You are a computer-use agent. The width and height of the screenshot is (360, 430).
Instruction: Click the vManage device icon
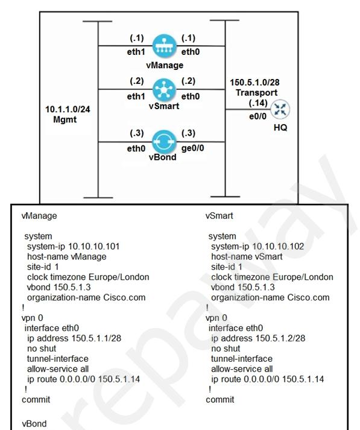pos(164,46)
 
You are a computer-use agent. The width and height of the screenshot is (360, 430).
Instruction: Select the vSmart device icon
pos(164,90)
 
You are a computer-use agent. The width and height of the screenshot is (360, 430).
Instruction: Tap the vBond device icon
pos(164,142)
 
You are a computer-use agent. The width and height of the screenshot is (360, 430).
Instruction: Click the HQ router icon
pos(280,109)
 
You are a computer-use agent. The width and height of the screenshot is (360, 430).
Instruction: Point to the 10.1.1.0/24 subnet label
pos(68,109)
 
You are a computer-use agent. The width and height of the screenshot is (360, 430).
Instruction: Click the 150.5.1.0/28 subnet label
pos(254,82)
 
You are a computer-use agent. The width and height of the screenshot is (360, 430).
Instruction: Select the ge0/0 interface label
pos(192,148)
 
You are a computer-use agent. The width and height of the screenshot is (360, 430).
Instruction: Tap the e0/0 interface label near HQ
pos(257,116)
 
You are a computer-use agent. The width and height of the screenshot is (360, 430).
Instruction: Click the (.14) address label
pos(258,103)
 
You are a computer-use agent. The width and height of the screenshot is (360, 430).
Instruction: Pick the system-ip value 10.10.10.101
pos(94,246)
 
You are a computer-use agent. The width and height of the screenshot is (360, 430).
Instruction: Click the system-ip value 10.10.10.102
pos(278,246)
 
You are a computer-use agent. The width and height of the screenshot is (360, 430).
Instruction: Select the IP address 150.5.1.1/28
pos(96,338)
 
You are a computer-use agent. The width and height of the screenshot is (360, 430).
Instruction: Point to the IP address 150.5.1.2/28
pos(280,338)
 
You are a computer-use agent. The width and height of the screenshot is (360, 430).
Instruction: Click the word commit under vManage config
pos(36,400)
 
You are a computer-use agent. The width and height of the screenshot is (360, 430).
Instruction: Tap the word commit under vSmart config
pos(220,400)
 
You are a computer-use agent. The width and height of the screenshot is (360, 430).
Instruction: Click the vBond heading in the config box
pos(34,423)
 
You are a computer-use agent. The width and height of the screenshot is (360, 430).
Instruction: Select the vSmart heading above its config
pos(219,215)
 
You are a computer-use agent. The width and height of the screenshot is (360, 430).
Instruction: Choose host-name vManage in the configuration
pos(66,256)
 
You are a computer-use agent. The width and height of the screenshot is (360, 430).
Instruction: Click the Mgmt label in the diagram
pos(65,119)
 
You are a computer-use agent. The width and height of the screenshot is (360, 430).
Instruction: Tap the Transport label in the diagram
pos(257,93)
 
